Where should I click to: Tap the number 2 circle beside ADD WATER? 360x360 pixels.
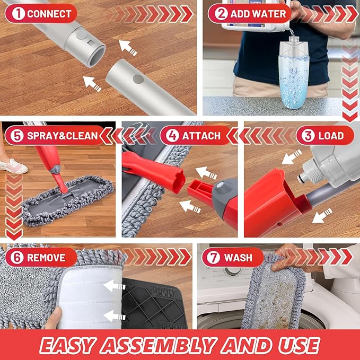(220, 14)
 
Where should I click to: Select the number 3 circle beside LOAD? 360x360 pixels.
(306, 136)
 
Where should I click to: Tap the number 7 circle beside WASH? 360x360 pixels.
(213, 258)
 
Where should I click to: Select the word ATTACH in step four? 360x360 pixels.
(201, 136)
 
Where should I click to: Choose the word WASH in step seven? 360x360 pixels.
(238, 258)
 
